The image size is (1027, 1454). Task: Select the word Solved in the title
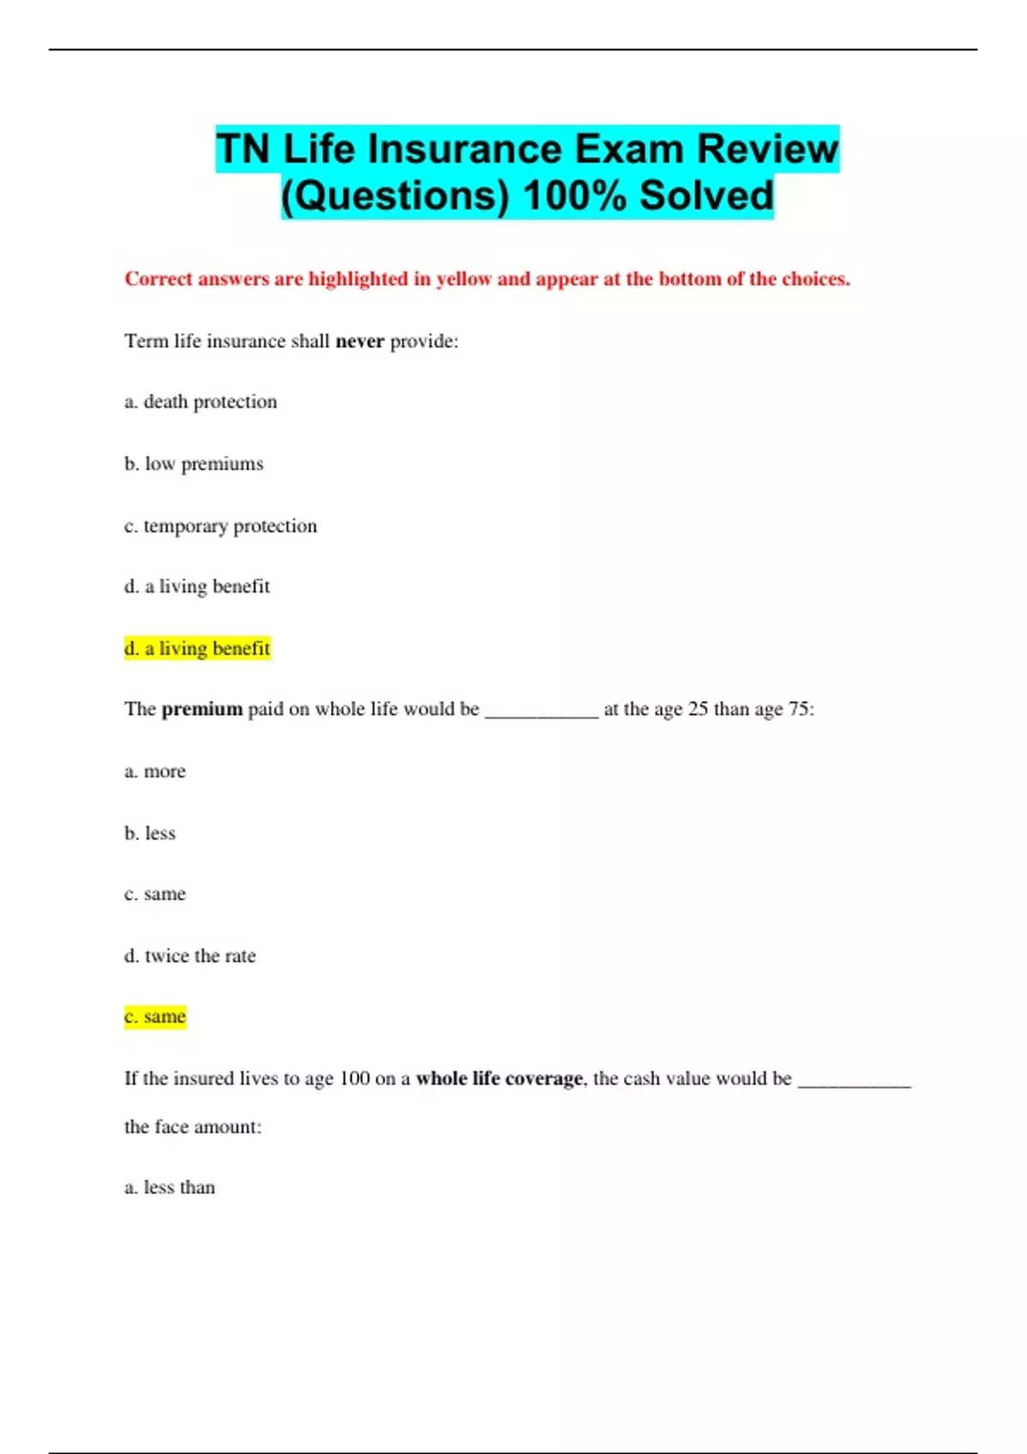click(x=706, y=196)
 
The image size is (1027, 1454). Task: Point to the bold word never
click(x=359, y=341)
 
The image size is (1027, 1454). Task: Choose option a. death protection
click(x=200, y=402)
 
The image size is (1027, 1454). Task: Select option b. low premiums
click(x=193, y=464)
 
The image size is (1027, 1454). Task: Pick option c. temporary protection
click(x=220, y=525)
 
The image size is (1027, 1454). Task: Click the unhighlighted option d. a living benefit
click(x=197, y=587)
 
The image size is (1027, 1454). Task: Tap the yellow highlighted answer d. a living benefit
click(x=197, y=648)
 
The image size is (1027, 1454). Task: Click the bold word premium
click(x=202, y=709)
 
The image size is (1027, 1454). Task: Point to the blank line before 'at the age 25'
click(x=541, y=712)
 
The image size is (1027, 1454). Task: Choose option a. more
click(x=155, y=771)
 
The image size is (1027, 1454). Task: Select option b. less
click(x=150, y=833)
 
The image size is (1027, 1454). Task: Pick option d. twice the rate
click(x=190, y=956)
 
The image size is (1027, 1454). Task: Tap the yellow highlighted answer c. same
click(x=155, y=1017)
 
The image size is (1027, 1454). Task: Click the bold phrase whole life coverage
click(x=499, y=1079)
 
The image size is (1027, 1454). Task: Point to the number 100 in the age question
click(x=354, y=1079)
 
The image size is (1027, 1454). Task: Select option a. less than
click(x=169, y=1187)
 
